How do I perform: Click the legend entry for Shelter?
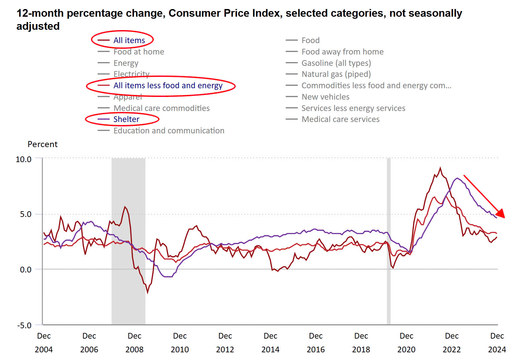(x=126, y=119)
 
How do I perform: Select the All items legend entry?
(x=129, y=40)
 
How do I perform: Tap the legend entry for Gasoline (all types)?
(x=336, y=63)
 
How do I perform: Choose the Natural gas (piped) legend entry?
(x=336, y=74)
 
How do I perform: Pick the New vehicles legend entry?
(x=325, y=97)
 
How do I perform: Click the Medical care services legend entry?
(x=340, y=119)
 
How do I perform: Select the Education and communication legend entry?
(x=169, y=131)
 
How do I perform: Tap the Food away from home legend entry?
(x=342, y=52)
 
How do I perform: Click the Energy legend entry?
(x=126, y=63)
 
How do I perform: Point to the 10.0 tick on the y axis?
(x=23, y=159)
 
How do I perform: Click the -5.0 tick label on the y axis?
(x=24, y=325)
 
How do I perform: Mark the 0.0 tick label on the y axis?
(x=25, y=269)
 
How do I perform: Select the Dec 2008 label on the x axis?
(x=134, y=343)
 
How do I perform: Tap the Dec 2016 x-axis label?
(x=316, y=343)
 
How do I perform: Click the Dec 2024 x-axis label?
(x=497, y=343)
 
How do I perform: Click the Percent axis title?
(x=42, y=144)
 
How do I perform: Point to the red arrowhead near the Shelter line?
(x=501, y=214)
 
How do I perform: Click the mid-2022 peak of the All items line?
(x=440, y=168)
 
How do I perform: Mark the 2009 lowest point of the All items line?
(x=147, y=292)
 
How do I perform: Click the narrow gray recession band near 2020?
(x=389, y=241)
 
